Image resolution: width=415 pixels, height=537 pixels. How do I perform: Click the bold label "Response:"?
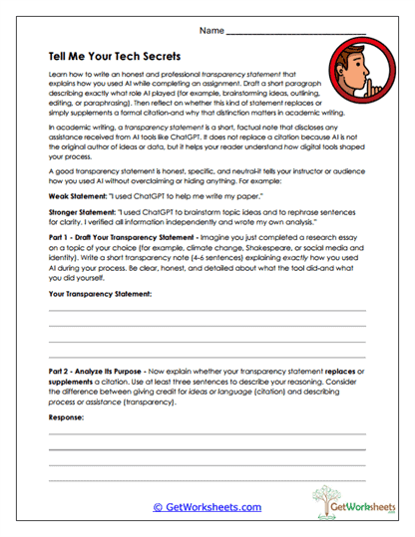click(x=67, y=417)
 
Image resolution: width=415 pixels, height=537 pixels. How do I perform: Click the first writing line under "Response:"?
click(x=207, y=434)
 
